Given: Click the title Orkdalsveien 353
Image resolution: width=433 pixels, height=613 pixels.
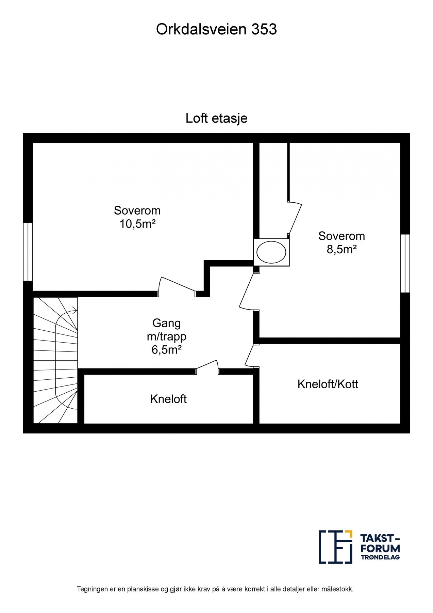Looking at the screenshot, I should click(x=216, y=30).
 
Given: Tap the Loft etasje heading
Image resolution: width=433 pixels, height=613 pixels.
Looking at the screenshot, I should click(x=216, y=118).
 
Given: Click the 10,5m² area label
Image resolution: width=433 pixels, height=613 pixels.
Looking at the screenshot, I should click(x=137, y=224).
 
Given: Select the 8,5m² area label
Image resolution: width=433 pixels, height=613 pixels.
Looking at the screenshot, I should click(x=342, y=250).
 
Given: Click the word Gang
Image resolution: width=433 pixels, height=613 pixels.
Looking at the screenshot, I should click(x=166, y=323).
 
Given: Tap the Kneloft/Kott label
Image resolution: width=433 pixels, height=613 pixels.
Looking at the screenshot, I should click(x=328, y=384).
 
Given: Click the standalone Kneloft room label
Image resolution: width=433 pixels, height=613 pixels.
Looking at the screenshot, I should click(x=168, y=399).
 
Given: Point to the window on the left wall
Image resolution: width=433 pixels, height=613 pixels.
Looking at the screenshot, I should click(x=28, y=252).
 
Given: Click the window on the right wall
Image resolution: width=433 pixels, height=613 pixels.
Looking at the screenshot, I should click(x=405, y=263).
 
